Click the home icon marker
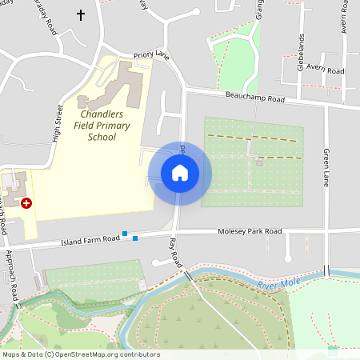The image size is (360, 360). [x=180, y=173]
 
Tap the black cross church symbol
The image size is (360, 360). [x=80, y=15]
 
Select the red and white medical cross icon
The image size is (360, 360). [x=26, y=203]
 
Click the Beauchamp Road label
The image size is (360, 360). [x=255, y=98]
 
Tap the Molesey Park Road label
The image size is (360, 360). [x=250, y=231]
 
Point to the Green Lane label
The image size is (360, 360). [x=326, y=167]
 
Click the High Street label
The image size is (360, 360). [x=57, y=124]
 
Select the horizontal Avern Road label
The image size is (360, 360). [x=325, y=70]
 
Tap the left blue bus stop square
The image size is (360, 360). [x=125, y=234]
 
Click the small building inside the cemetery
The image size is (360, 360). [x=259, y=162]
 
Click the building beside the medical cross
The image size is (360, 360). [x=14, y=188]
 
